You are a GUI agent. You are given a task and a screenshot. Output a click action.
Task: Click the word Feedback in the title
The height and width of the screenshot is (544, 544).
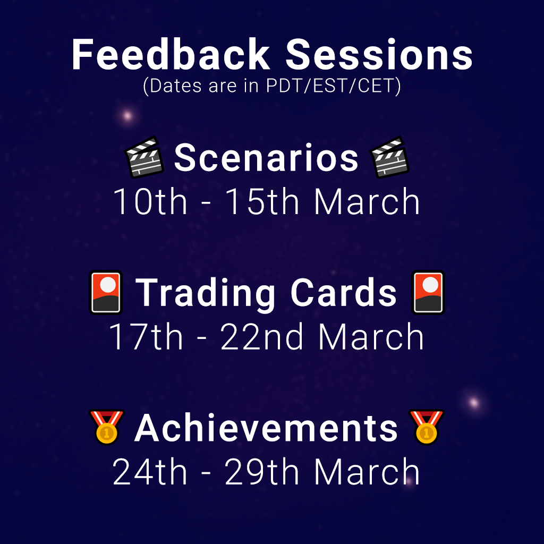[x=171, y=55]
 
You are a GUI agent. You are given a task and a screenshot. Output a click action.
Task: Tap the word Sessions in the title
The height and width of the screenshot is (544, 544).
[x=379, y=55]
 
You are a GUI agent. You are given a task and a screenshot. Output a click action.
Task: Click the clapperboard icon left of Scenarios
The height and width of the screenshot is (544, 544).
[x=144, y=157]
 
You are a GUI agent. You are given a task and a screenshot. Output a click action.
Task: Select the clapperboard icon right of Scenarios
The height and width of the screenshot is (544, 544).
[x=389, y=157]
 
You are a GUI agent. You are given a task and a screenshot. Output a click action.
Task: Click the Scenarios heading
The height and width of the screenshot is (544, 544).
[x=266, y=158]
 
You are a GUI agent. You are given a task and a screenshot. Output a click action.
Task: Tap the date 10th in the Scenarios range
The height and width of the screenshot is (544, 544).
[x=150, y=201]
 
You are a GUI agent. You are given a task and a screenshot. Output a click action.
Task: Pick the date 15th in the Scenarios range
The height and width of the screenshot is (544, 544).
[x=262, y=201]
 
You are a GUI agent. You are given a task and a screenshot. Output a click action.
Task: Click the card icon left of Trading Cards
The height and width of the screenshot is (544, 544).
[x=106, y=293]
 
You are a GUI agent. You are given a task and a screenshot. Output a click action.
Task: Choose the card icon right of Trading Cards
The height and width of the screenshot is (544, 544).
[x=428, y=293]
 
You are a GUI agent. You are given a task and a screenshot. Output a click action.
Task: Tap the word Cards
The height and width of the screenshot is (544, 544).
[x=344, y=293]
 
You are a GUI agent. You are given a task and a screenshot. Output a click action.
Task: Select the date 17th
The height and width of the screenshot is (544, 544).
[x=146, y=336]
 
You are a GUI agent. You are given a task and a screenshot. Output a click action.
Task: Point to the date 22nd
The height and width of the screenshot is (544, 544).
[x=261, y=336]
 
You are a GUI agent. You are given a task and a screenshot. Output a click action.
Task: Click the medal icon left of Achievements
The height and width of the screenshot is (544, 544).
[x=106, y=427]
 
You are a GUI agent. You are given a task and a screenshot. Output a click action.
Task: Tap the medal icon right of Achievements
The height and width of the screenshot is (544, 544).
[x=427, y=427]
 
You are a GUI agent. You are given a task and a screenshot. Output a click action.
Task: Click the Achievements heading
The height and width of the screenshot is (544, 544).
[x=266, y=428]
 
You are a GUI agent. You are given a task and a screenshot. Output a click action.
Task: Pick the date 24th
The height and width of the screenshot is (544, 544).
[x=149, y=471]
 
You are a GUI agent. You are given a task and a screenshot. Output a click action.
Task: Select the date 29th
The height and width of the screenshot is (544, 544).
[x=261, y=471]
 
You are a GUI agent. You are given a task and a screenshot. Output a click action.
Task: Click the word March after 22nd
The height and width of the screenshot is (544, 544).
[x=371, y=336]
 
